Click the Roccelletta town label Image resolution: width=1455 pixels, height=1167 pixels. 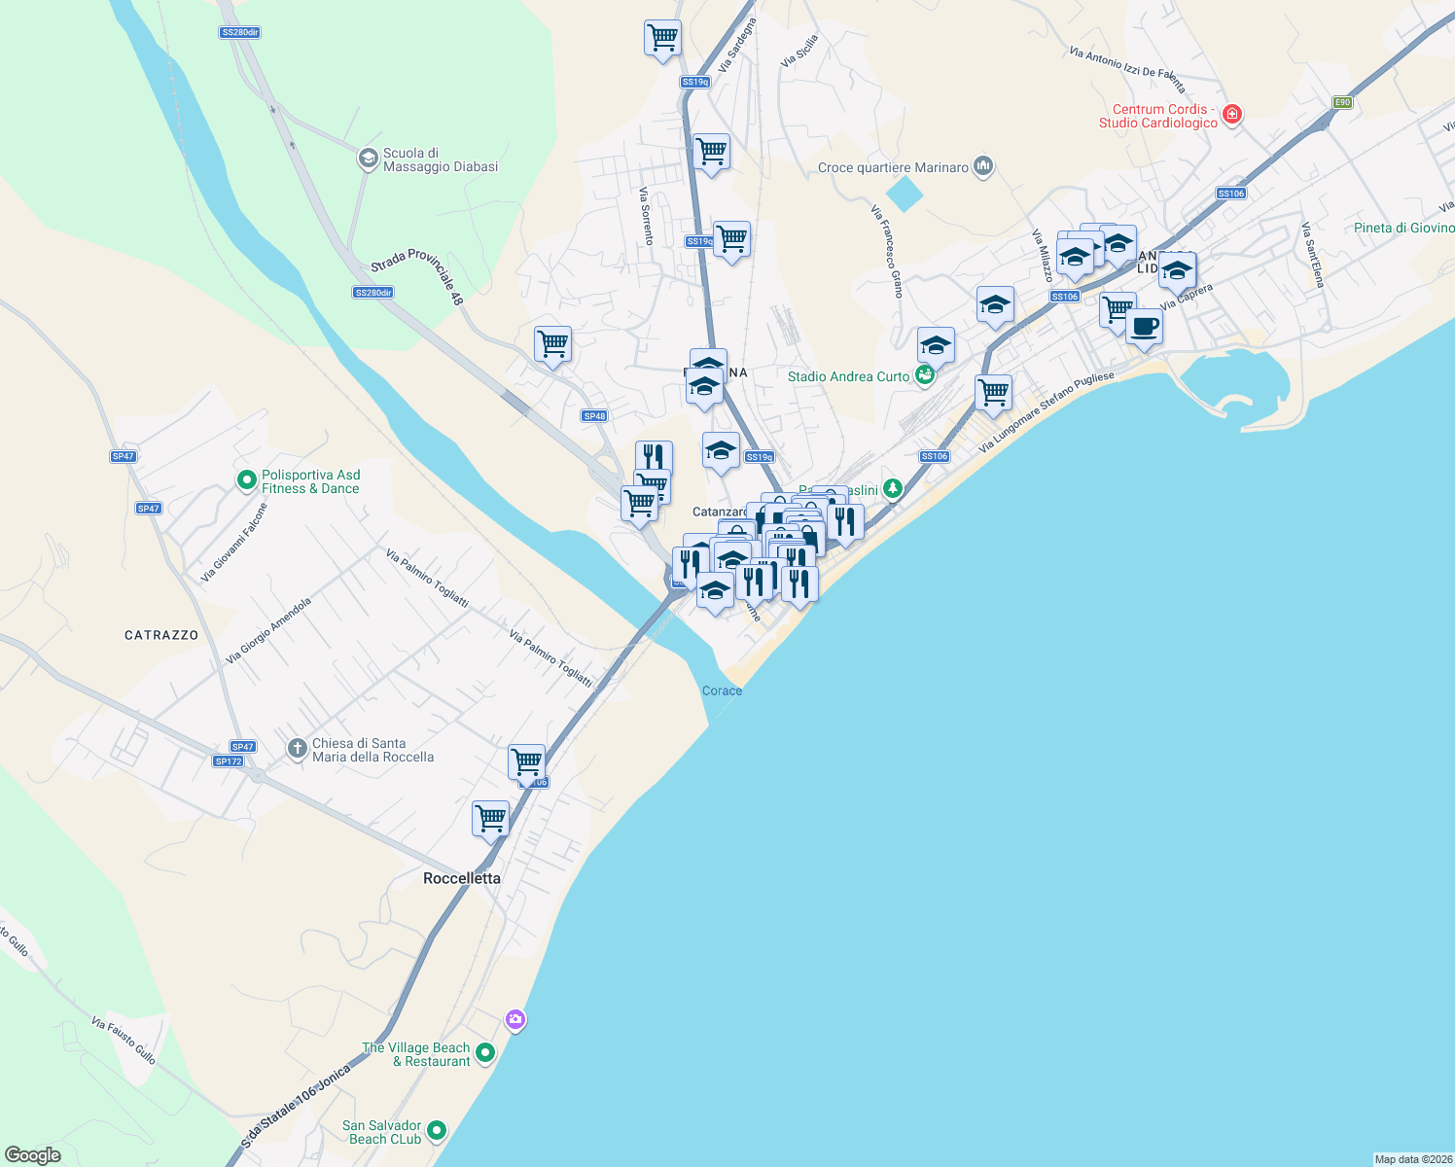point(462,878)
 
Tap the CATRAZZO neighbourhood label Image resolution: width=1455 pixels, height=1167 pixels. point(161,635)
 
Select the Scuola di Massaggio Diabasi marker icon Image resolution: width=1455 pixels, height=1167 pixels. point(368,159)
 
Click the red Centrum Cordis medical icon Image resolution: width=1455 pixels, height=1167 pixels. point(1232,115)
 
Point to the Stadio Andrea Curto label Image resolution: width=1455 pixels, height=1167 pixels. point(848,376)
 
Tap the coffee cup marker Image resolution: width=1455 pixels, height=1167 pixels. point(1145,327)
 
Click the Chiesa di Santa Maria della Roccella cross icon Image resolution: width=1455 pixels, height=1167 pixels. point(297,749)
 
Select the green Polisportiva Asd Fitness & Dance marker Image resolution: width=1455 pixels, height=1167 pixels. point(247,480)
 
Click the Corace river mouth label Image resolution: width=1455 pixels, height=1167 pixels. point(722,690)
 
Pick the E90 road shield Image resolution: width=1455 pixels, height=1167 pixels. point(1342,102)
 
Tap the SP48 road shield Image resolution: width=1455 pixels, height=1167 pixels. point(594,416)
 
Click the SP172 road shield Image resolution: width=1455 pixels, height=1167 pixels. point(229,761)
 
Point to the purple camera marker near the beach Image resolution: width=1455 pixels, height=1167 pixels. point(515,1019)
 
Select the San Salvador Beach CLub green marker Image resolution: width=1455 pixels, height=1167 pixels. point(437,1130)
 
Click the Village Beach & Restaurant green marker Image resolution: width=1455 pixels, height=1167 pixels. point(485,1052)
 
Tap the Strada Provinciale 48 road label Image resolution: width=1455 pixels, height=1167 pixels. point(417,272)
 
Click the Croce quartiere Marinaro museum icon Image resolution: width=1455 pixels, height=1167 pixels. point(983,167)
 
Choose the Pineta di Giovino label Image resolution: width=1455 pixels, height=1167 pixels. point(1403,228)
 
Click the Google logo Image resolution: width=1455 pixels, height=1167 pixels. point(33,1155)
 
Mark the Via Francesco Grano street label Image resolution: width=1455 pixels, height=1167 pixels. point(887,250)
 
